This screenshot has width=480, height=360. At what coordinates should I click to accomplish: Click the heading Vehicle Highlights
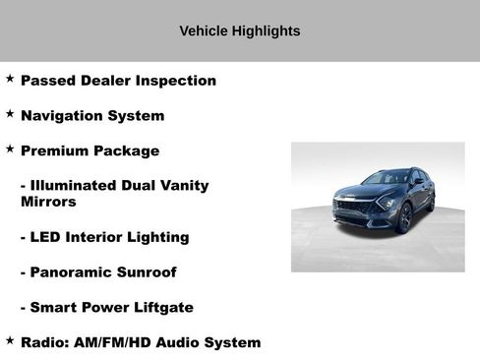239,30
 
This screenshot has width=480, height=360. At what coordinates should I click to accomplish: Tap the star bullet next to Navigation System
10,114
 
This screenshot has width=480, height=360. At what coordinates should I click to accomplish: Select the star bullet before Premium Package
10,150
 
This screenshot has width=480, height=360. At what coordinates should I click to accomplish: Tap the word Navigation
61,116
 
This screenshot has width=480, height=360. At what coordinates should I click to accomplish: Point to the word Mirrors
48,202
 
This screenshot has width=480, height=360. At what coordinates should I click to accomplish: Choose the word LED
47,237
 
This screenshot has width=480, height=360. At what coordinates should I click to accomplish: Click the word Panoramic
71,272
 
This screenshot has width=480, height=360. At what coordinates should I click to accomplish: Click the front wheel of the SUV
404,218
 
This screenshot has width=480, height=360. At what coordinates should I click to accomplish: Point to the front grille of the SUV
352,208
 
